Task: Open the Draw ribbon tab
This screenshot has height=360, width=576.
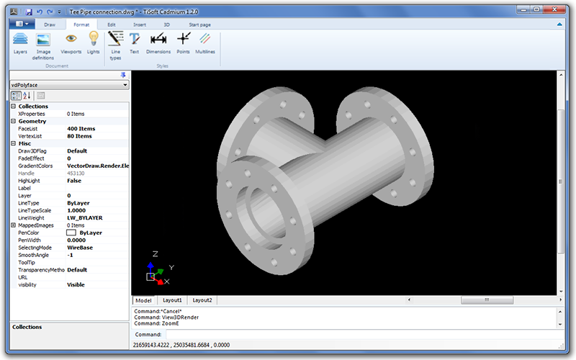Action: tap(49, 24)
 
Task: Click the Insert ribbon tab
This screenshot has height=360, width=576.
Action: tap(139, 24)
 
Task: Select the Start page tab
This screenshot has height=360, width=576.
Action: tap(199, 24)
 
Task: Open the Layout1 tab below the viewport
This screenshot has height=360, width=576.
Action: tap(171, 300)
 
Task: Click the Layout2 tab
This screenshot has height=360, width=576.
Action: tap(202, 300)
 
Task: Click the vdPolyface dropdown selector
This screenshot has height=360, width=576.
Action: tap(68, 85)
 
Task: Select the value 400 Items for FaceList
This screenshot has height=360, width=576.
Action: tap(81, 128)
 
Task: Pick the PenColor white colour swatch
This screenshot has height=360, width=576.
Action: tap(71, 233)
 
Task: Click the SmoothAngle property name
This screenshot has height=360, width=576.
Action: tap(35, 255)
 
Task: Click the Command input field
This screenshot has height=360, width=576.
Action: tap(360, 335)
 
